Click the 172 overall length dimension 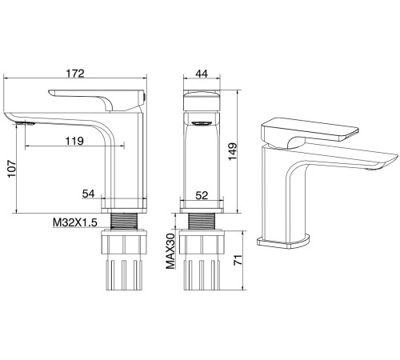(x=75, y=74)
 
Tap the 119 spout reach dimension (x=74, y=141)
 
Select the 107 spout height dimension (x=12, y=169)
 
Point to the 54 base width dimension (x=88, y=194)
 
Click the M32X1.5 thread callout (x=75, y=222)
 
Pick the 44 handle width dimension (x=202, y=74)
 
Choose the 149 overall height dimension (x=232, y=151)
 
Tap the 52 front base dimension (x=202, y=195)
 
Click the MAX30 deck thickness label (x=170, y=251)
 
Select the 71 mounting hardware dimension (x=238, y=260)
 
